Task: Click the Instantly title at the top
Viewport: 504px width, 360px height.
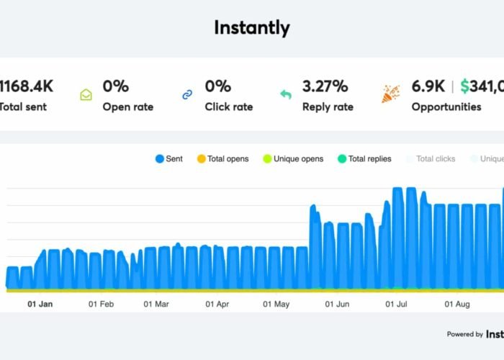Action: point(251,28)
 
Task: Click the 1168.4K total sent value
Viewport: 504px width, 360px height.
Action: point(27,86)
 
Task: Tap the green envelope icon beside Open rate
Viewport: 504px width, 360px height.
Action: point(86,94)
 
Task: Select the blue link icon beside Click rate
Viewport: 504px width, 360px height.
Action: point(188,94)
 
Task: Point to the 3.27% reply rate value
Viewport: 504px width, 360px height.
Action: point(325,86)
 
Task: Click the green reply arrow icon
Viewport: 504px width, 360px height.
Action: point(286,94)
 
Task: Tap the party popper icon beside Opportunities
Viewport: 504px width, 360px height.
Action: point(390,94)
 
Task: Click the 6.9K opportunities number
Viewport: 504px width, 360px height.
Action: point(428,86)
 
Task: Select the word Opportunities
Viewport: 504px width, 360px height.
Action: point(446,107)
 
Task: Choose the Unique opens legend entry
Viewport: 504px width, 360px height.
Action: point(293,158)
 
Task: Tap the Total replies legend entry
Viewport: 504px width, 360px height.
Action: point(364,158)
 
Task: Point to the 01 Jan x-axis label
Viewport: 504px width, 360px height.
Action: point(40,304)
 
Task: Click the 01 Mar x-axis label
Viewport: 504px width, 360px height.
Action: point(156,304)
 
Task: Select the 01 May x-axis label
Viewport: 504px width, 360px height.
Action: point(276,304)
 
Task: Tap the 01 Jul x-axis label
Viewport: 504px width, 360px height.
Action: point(397,304)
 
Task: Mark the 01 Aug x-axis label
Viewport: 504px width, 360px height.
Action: point(458,304)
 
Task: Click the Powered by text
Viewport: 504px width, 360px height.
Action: point(464,334)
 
